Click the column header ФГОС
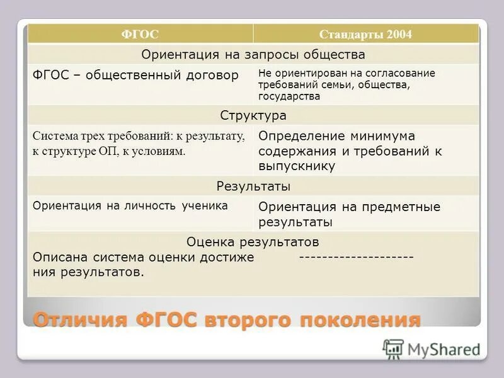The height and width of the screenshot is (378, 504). [140, 35]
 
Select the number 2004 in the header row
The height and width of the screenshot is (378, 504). [399, 35]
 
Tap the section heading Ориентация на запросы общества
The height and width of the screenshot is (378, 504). [253, 54]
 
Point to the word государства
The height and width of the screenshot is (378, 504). [289, 96]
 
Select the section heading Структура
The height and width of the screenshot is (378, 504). [253, 115]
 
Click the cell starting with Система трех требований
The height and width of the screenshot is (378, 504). [138, 144]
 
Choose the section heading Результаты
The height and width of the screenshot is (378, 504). [253, 186]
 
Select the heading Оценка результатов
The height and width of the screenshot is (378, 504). [253, 242]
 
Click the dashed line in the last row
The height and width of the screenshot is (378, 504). [356, 257]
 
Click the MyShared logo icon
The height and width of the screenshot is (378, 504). [393, 348]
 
